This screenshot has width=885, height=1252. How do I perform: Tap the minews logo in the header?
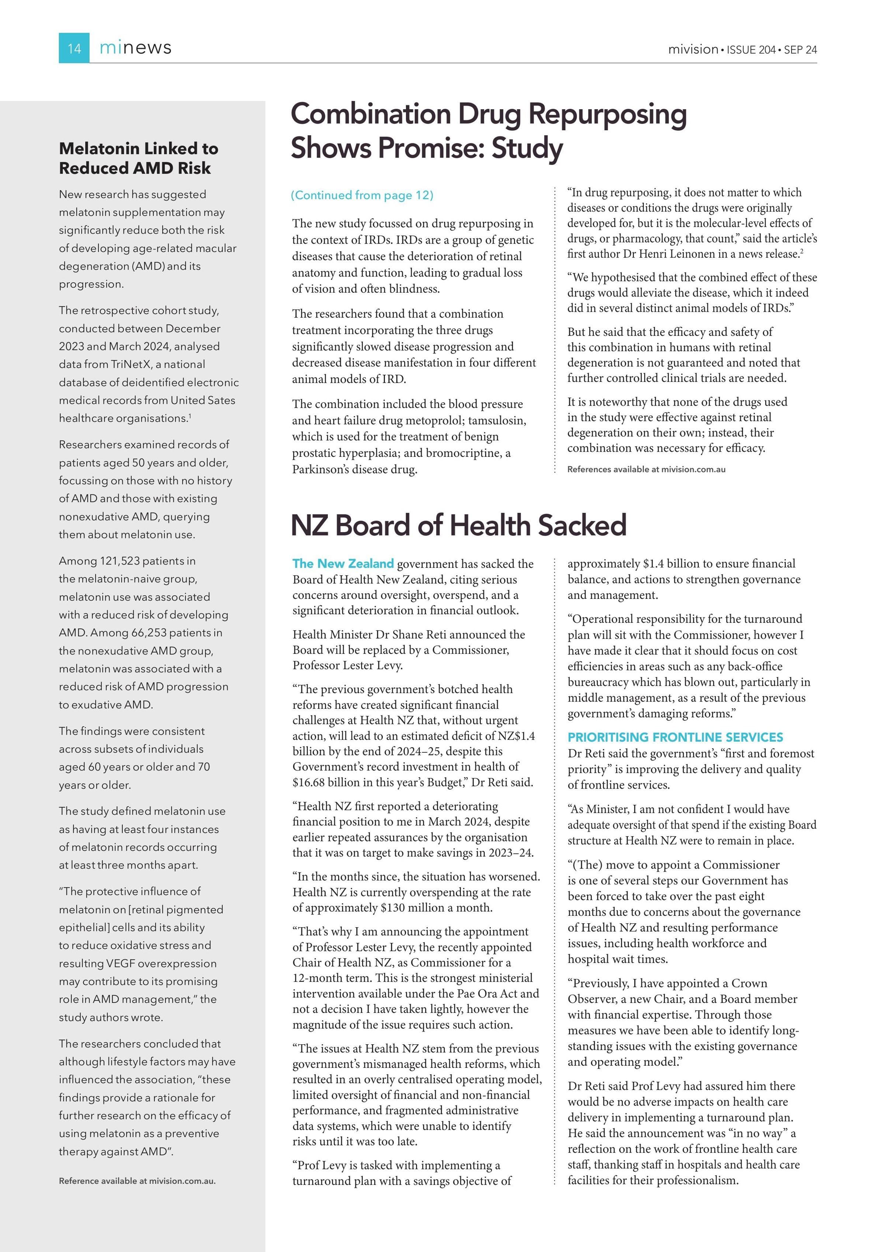click(x=135, y=48)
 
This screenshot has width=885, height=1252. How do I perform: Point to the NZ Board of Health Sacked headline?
click(x=458, y=525)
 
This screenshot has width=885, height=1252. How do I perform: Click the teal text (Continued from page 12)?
click(x=362, y=195)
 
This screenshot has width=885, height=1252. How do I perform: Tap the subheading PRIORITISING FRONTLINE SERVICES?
click(x=675, y=737)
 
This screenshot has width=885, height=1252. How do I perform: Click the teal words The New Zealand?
click(x=343, y=563)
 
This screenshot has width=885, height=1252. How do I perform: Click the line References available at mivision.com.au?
click(x=646, y=469)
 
